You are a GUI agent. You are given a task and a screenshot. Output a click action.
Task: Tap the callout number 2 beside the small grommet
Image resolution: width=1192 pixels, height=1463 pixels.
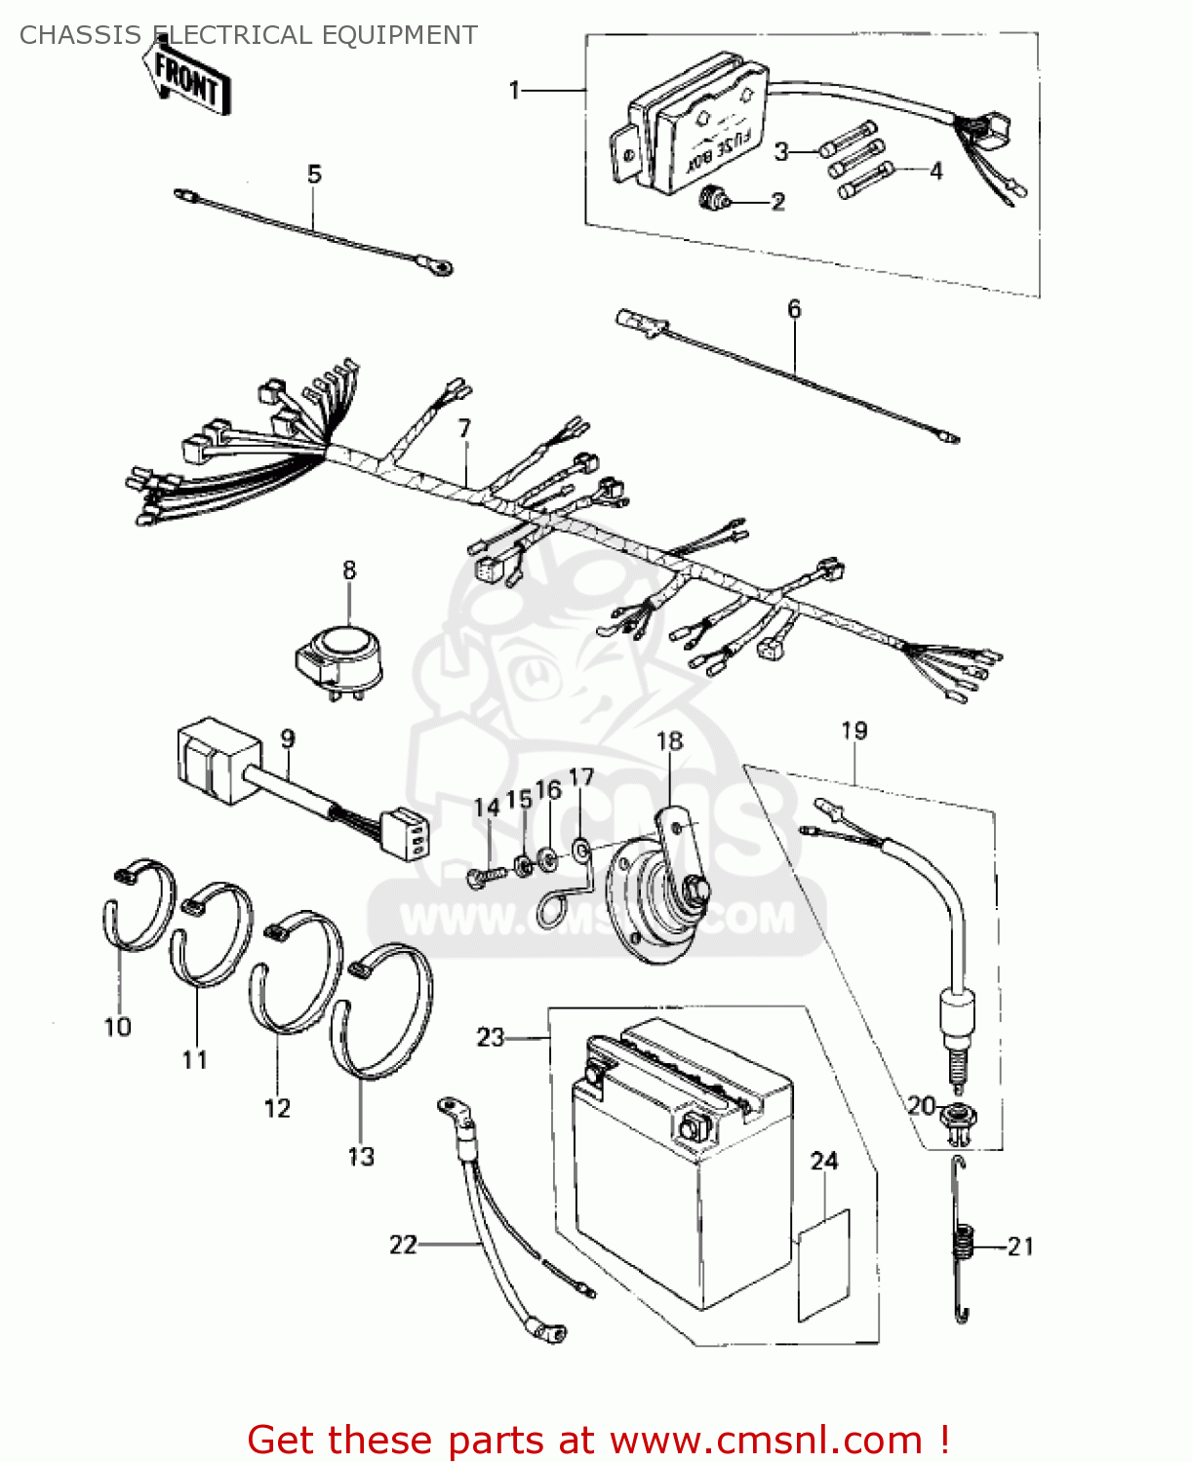coord(777,202)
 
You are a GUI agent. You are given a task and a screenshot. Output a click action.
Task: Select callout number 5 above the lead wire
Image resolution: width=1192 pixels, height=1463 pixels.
coord(314,175)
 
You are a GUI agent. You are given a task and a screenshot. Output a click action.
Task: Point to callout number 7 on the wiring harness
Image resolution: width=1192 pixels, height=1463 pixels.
coord(464,428)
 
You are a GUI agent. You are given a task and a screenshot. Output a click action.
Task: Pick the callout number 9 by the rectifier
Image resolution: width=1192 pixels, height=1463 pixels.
coord(288,738)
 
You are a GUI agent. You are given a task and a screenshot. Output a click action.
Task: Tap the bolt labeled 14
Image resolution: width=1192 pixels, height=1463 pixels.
coord(487,875)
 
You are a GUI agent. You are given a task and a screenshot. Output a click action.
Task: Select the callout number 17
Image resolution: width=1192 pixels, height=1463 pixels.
coord(581,777)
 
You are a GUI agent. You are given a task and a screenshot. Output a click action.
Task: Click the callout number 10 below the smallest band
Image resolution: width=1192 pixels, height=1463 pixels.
coord(117,1027)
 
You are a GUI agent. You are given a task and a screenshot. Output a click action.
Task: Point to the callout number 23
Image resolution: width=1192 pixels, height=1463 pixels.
coord(490,1037)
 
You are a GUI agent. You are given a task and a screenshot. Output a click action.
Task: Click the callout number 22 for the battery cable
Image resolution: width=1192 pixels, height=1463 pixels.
coord(403,1245)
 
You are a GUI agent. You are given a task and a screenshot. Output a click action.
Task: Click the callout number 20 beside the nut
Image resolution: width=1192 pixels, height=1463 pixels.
coord(921,1105)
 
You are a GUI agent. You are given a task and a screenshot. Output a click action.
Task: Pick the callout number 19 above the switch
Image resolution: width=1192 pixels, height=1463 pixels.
coord(854,731)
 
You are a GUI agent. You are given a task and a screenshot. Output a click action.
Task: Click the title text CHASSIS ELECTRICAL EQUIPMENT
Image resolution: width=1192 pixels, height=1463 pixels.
coord(249,35)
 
